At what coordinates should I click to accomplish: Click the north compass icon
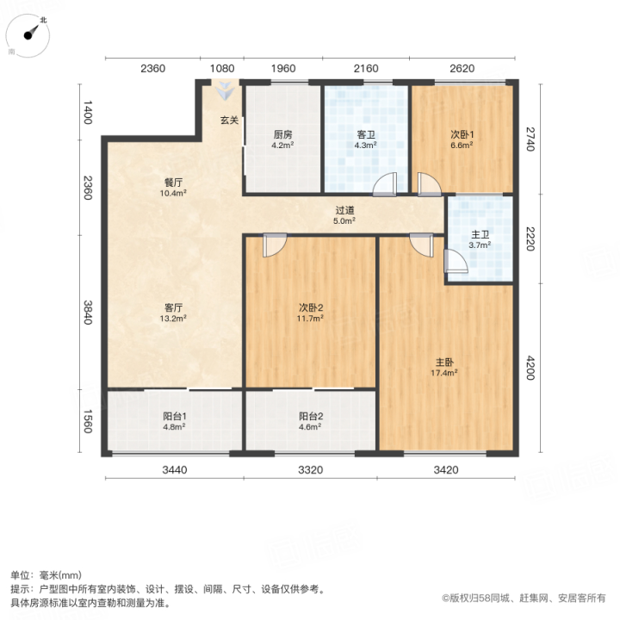pos(28,35)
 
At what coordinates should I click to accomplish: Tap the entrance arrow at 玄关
pos(225,91)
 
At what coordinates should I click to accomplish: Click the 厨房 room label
pos(282,134)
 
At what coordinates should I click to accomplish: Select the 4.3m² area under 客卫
pos(365,146)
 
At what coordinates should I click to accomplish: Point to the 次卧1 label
pos(462,134)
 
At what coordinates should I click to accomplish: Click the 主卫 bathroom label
pos(480,234)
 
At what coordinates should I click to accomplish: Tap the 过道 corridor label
pos(344,210)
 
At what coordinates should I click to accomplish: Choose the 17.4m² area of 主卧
pos(444,373)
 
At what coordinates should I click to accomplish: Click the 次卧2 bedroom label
pos(310,307)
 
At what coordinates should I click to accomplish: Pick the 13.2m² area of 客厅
pos(173,319)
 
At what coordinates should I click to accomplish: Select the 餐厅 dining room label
pos(173,183)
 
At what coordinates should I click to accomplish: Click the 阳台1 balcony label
pos(174,416)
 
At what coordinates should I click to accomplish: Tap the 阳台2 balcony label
pos(310,416)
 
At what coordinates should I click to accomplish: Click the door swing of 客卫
pos(384,184)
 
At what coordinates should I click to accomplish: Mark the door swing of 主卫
pos(456,262)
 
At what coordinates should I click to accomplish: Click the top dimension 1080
pos(222,68)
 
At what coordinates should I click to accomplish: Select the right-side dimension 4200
pos(530,368)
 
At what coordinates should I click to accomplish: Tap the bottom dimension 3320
pos(310,470)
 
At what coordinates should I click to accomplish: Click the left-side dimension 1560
pos(88,421)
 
